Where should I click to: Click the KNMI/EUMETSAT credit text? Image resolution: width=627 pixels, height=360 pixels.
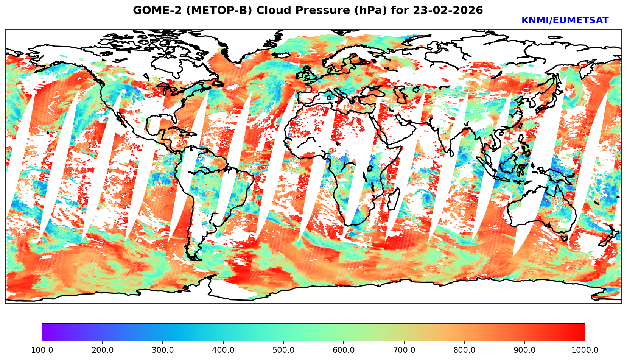click(565, 21)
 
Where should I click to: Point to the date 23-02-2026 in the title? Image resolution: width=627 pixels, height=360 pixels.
click(448, 11)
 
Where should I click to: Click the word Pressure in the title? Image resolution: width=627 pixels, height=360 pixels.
click(321, 11)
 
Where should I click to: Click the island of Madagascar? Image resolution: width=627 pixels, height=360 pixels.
click(394, 198)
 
